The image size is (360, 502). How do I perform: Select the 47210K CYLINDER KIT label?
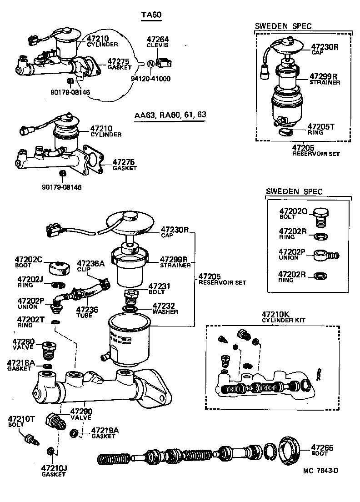pyautogui.click(x=282, y=316)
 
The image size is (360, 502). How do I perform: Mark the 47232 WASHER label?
pyautogui.click(x=165, y=308)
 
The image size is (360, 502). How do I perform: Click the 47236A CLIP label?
pyautogui.click(x=90, y=266)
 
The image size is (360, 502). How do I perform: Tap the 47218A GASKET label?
pyautogui.click(x=21, y=365)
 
